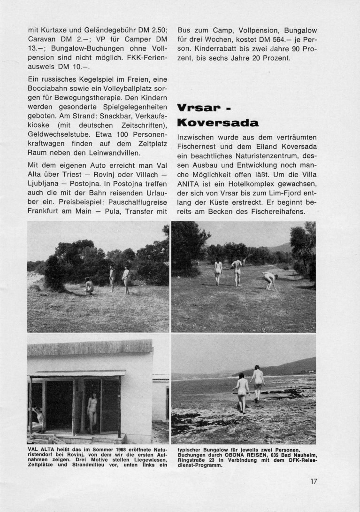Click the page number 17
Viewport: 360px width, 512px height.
click(314, 481)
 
